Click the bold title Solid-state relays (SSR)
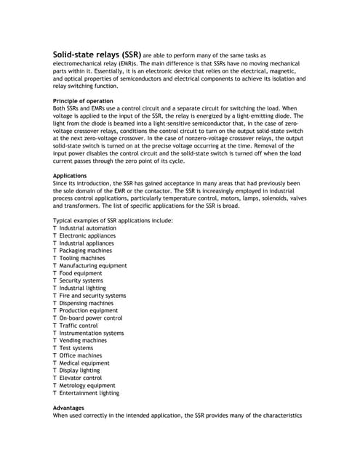[97, 54]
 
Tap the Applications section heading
[71, 176]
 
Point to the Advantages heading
[69, 408]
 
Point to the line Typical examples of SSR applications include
[113, 220]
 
